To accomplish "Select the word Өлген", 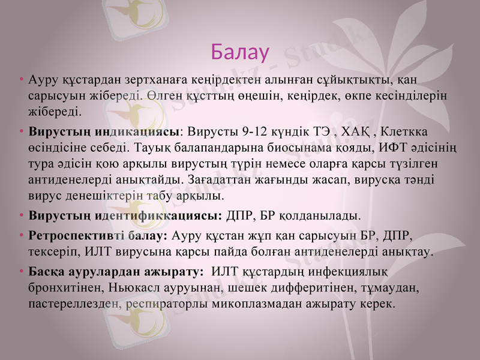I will (162, 96).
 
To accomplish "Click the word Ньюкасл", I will (113, 288).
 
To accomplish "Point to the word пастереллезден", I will (73, 304).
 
